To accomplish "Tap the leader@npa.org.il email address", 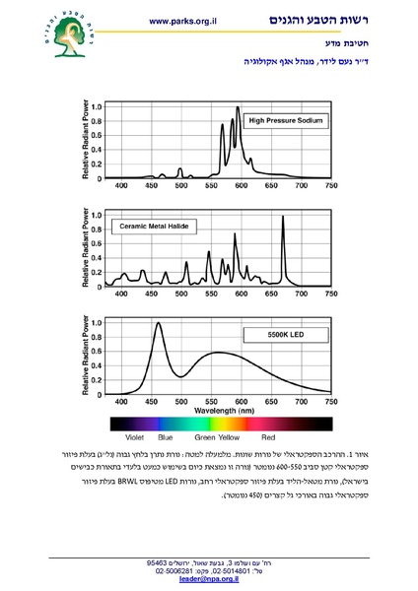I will pos(208,581).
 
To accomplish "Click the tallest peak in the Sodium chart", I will pos(238,108).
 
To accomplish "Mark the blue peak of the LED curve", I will pos(158,323).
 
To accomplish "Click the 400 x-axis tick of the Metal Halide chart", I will pos(121,294).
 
